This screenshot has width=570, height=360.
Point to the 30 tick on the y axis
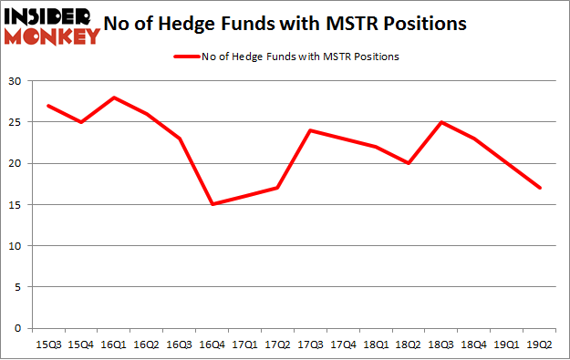[13, 82]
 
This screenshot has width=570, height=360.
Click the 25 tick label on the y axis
[13, 123]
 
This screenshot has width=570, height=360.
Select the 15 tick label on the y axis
[13, 205]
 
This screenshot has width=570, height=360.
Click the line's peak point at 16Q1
[112, 98]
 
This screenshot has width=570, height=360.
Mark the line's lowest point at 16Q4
[212, 205]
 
